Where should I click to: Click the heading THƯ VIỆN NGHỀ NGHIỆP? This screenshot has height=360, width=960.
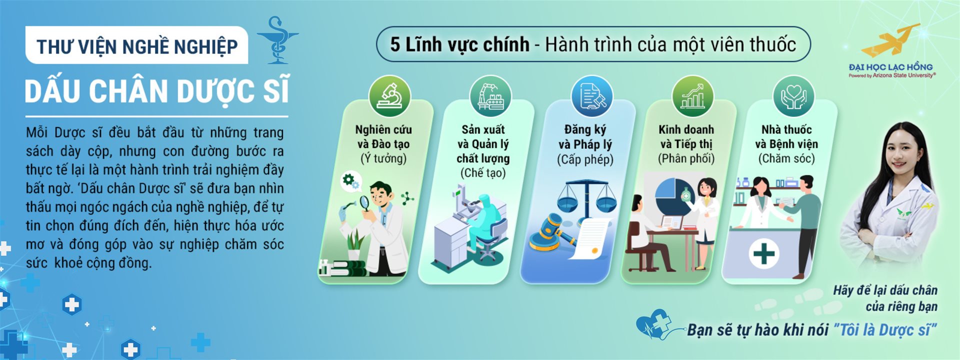click(x=137, y=46)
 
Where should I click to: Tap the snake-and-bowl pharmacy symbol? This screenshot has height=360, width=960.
click(x=277, y=40)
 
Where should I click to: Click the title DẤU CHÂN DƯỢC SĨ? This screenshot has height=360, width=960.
click(x=157, y=91)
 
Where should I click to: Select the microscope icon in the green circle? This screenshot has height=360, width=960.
click(x=389, y=96)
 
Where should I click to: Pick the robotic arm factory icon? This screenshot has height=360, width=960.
click(x=490, y=96)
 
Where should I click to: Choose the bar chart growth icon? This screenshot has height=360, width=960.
click(x=692, y=96)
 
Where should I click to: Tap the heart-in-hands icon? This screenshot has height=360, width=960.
click(x=793, y=96)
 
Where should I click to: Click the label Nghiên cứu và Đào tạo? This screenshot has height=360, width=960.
click(x=383, y=136)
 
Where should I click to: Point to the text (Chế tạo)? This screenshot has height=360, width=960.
click(x=483, y=173)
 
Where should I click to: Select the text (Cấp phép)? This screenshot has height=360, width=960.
click(x=585, y=159)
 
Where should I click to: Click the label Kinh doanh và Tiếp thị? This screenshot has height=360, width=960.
click(x=686, y=136)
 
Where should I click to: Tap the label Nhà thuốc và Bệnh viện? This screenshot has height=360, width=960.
click(x=786, y=136)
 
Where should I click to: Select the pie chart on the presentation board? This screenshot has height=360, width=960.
click(x=672, y=196)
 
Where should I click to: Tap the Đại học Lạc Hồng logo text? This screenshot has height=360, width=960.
click(x=890, y=67)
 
